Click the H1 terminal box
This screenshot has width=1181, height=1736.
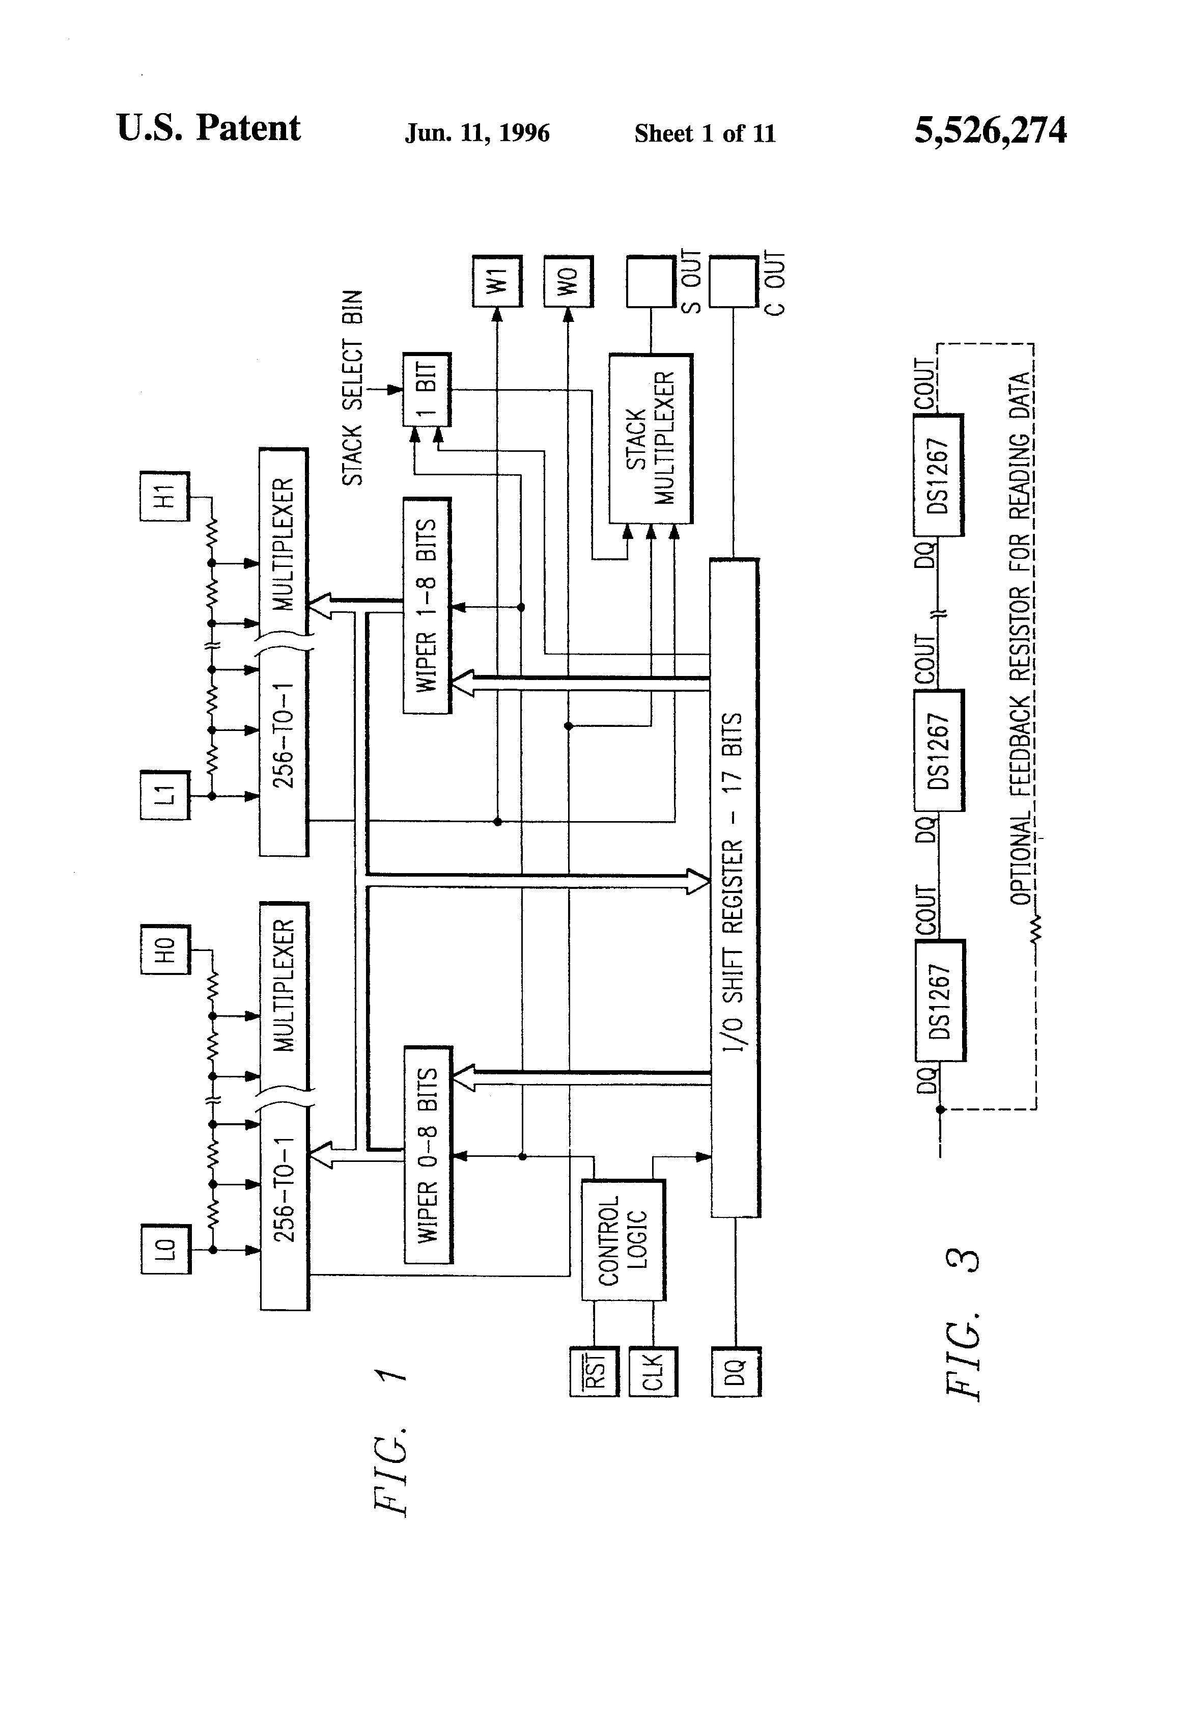(165, 496)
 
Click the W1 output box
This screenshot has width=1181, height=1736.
(497, 281)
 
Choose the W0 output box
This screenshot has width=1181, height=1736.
(568, 281)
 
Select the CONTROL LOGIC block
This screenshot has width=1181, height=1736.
(623, 1240)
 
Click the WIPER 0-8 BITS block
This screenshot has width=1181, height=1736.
(428, 1154)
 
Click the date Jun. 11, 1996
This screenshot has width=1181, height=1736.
(477, 133)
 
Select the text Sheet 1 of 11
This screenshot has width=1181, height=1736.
(705, 133)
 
